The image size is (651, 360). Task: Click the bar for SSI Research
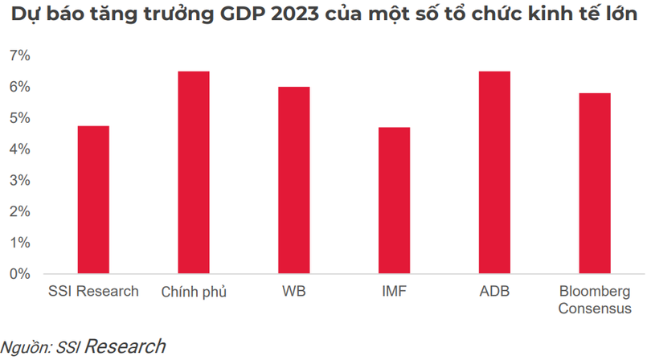coord(93,200)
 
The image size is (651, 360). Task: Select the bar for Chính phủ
coord(194,173)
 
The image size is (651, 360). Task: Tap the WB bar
coord(294,180)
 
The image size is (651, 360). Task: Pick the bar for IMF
coord(394,201)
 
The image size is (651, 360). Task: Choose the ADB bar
coord(494,173)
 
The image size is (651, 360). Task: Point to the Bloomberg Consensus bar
coord(595,183)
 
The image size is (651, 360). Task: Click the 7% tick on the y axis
coord(20,55)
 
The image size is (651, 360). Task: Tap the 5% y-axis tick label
coord(20,118)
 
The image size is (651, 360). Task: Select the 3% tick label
coord(20,180)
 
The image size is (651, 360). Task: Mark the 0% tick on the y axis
coord(20,274)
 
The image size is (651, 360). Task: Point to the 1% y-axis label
coord(20,243)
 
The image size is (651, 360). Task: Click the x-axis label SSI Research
coord(93,291)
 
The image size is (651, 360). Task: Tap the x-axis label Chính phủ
coord(194,292)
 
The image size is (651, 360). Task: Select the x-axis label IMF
coord(394,291)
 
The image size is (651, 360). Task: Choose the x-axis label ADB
coord(494,291)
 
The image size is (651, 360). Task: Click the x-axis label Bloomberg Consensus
coord(595,299)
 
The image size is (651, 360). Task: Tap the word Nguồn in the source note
coord(26,347)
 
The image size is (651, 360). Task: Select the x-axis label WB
coord(294,291)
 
